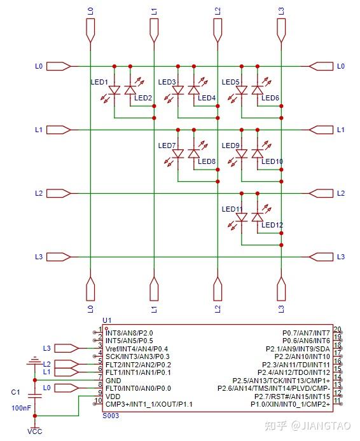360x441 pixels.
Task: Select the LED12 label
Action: point(272,225)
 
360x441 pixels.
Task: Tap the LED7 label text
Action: point(167,146)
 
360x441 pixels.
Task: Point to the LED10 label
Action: point(272,161)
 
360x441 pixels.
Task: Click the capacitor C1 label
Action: point(16,393)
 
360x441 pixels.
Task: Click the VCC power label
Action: point(34,432)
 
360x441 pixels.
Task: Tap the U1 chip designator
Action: point(107,320)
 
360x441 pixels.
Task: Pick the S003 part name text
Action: point(111,414)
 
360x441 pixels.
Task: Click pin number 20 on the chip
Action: point(337,329)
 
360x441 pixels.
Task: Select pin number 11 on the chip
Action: point(337,400)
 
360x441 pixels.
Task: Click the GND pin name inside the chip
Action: point(113,380)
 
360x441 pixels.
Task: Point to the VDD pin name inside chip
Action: point(113,396)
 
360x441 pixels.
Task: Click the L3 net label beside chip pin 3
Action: point(46,348)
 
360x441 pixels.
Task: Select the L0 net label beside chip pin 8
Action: point(46,388)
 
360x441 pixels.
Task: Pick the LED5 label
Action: point(231,82)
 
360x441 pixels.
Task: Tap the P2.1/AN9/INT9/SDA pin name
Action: point(298,349)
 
